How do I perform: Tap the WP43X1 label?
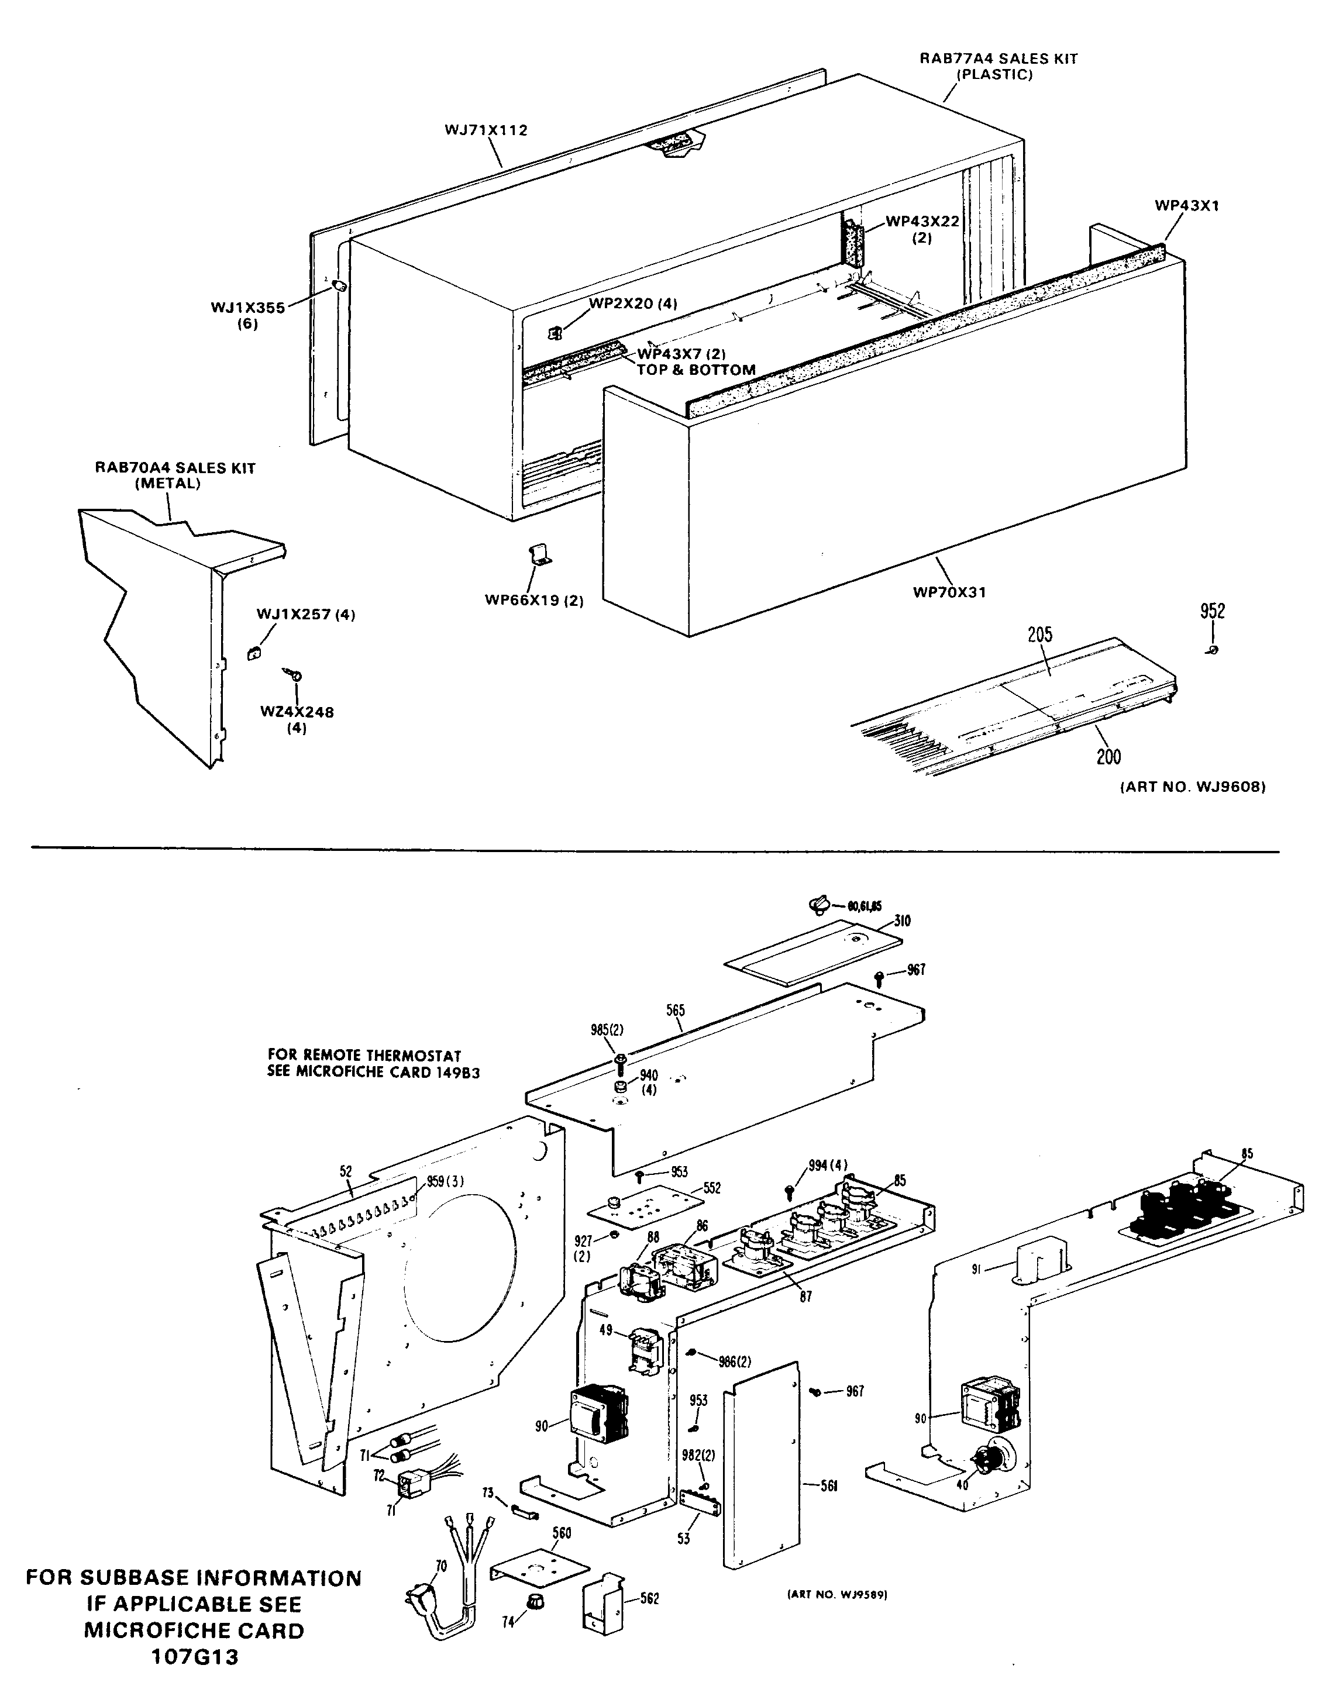pos(1186,206)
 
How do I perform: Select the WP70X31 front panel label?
pos(949,592)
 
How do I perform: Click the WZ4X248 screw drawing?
pos(294,676)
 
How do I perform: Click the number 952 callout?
pos(1212,611)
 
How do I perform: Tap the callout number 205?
pos(1039,635)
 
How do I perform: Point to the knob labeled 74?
pos(536,1621)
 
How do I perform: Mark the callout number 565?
pos(676,1011)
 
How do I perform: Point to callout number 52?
pos(346,1171)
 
